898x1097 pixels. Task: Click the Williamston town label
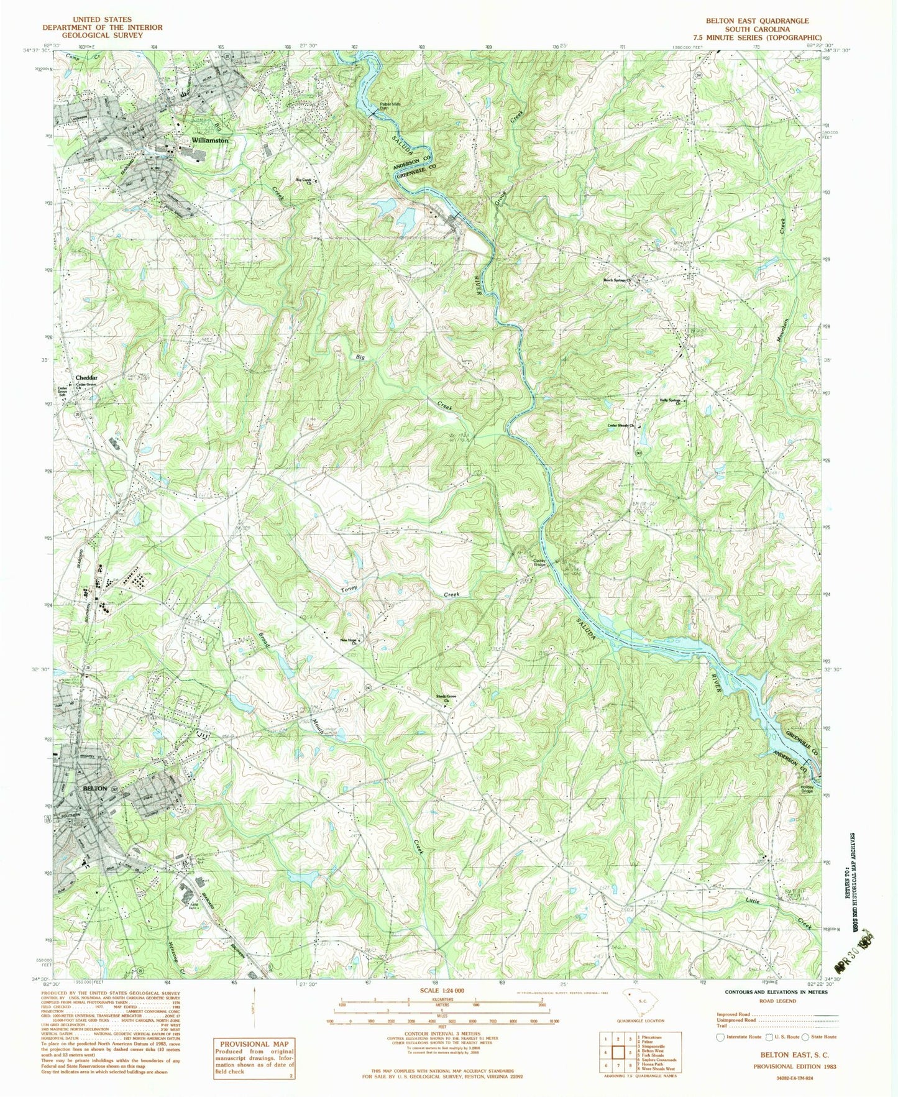(x=210, y=140)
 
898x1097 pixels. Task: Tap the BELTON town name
(x=95, y=788)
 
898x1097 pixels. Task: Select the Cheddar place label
(x=86, y=377)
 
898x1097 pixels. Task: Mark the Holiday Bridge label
(x=807, y=789)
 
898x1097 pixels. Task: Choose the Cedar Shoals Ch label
(x=622, y=426)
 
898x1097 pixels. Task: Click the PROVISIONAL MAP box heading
(x=254, y=1044)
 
